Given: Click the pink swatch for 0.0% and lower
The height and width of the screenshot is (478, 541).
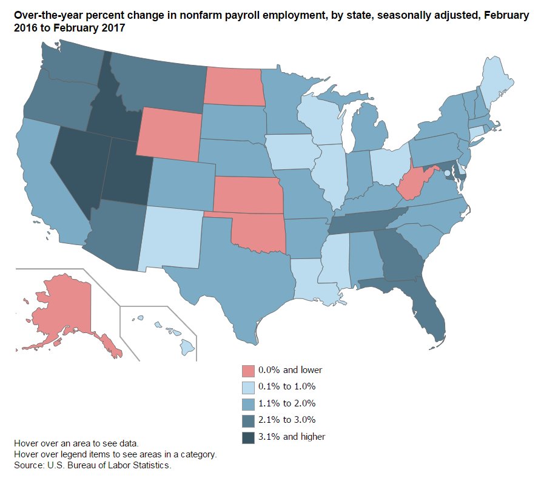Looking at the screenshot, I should click(247, 370).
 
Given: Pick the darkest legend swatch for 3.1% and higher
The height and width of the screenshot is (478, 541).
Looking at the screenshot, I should click(247, 437).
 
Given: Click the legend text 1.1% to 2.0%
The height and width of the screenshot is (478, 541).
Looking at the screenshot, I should click(287, 403).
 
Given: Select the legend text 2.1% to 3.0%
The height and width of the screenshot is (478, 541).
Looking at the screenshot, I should click(287, 420).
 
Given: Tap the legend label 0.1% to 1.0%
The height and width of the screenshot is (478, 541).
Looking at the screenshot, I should click(287, 386).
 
